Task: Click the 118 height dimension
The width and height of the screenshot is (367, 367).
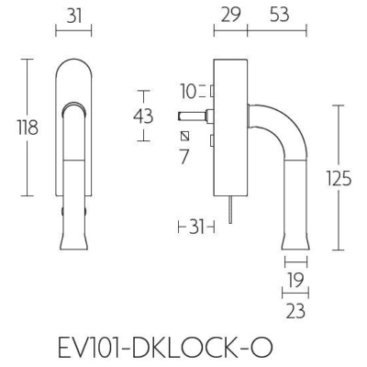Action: [x=28, y=128]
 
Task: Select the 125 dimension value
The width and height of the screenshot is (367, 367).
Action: [x=339, y=178]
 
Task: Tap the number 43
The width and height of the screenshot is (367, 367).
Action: [x=143, y=117]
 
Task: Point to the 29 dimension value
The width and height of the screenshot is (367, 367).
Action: [x=230, y=15]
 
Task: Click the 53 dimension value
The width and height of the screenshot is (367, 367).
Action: [x=279, y=15]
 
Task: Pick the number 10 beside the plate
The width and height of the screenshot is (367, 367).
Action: [x=188, y=91]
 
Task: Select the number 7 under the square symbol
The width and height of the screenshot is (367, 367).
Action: [x=184, y=156]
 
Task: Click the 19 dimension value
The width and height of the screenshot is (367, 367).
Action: [x=295, y=281]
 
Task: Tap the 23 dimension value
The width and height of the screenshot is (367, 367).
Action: [x=295, y=311]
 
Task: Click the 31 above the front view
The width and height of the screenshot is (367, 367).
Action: [x=74, y=16]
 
